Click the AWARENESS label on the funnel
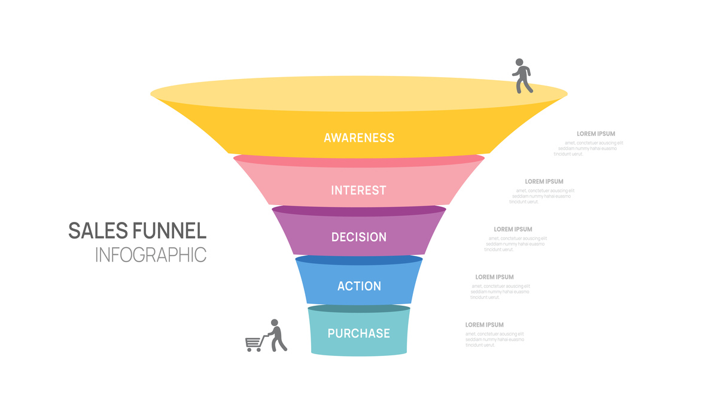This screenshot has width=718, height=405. pyautogui.click(x=359, y=138)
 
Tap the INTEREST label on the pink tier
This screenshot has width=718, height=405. pyautogui.click(x=359, y=190)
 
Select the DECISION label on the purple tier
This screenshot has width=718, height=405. pyautogui.click(x=359, y=237)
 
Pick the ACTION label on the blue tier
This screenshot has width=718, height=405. pyautogui.click(x=359, y=286)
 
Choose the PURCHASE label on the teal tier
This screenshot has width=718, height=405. pyautogui.click(x=359, y=333)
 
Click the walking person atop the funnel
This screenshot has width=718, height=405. pyautogui.click(x=522, y=77)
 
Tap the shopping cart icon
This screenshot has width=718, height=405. pyautogui.click(x=254, y=343)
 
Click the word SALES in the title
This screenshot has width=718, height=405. pyautogui.click(x=96, y=230)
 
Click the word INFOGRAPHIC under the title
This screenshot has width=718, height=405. pyautogui.click(x=151, y=254)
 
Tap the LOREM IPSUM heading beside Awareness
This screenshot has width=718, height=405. pyautogui.click(x=595, y=134)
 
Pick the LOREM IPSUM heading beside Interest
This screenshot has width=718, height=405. pyautogui.click(x=544, y=181)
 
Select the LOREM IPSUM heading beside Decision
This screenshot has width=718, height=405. pyautogui.click(x=513, y=229)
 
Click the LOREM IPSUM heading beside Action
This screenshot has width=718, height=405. pyautogui.click(x=494, y=277)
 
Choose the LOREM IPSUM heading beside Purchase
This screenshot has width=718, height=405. pyautogui.click(x=484, y=325)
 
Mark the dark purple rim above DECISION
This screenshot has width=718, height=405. pyautogui.click(x=359, y=211)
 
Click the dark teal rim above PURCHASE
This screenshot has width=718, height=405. pyautogui.click(x=359, y=309)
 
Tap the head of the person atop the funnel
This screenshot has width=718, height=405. pyautogui.click(x=519, y=62)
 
